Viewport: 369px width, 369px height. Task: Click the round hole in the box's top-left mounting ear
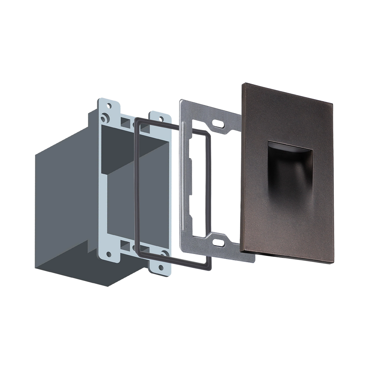coord(109,105)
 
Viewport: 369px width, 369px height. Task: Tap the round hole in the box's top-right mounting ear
coord(161,118)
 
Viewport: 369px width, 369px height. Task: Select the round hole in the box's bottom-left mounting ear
coord(109,254)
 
